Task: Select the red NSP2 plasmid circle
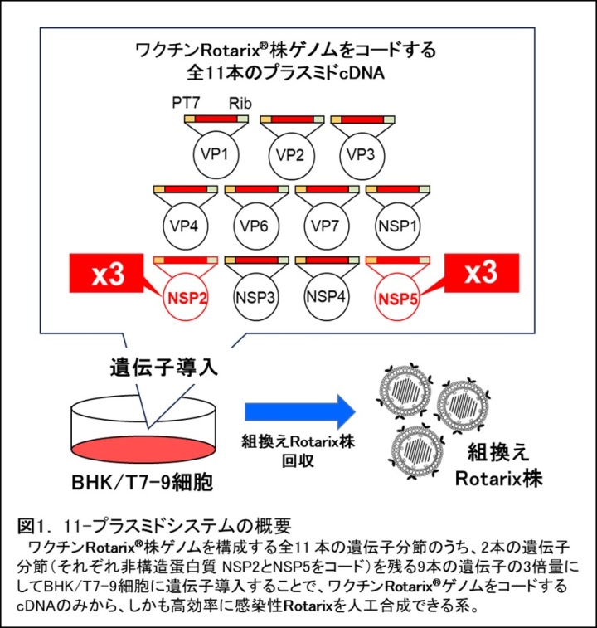187,295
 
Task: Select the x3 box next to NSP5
481,275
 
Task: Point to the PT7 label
184,102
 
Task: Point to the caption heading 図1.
36,525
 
